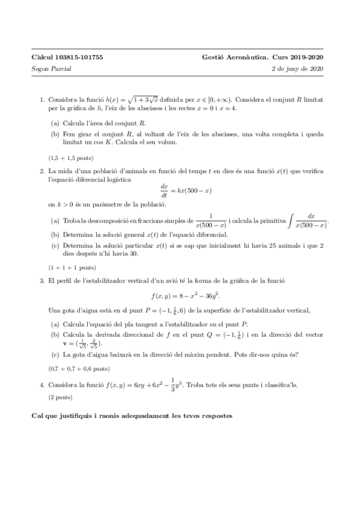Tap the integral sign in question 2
[291, 221]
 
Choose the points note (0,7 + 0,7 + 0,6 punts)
[79, 367]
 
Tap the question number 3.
[41, 280]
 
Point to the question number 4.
[41, 384]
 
